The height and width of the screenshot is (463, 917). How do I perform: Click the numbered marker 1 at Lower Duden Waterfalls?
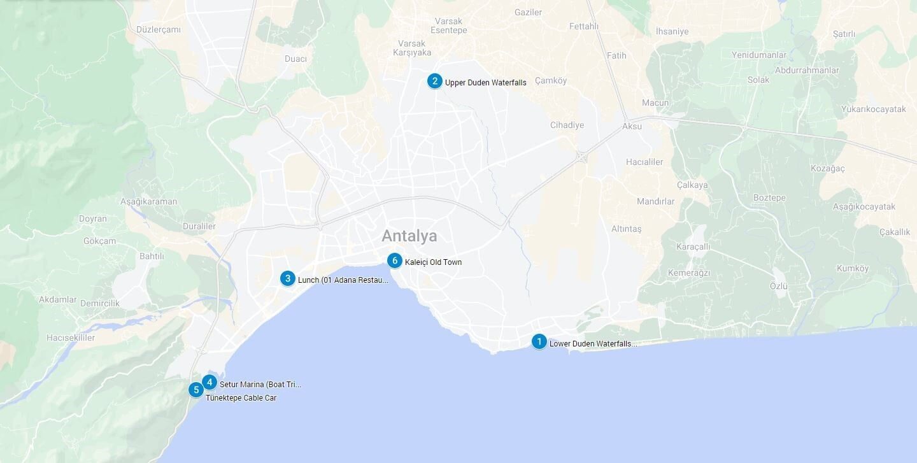click(539, 342)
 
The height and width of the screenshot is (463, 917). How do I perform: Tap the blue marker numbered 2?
click(434, 81)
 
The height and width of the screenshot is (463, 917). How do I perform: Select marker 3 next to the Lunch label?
click(288, 278)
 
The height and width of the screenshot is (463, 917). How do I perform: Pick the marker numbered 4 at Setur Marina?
click(210, 383)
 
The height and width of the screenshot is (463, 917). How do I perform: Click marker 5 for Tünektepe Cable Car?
click(196, 390)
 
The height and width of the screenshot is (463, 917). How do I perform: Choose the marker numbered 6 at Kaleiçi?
click(395, 260)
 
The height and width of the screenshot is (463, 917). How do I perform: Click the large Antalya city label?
click(409, 236)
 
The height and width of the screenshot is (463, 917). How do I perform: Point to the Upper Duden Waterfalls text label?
click(485, 83)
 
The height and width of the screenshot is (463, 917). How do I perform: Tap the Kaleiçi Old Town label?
click(433, 262)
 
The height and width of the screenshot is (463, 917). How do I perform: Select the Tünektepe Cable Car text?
click(241, 398)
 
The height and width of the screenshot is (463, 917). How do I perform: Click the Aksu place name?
click(632, 126)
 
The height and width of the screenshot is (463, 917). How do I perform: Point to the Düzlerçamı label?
click(159, 29)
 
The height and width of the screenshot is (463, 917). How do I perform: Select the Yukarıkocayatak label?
click(873, 109)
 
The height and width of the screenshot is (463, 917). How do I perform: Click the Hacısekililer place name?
click(71, 338)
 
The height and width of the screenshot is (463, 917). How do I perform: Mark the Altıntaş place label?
click(627, 229)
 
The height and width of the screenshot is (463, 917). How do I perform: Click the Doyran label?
click(93, 218)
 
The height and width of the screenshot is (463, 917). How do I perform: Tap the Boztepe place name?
click(769, 198)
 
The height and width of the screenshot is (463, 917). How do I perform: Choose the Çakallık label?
click(895, 232)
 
